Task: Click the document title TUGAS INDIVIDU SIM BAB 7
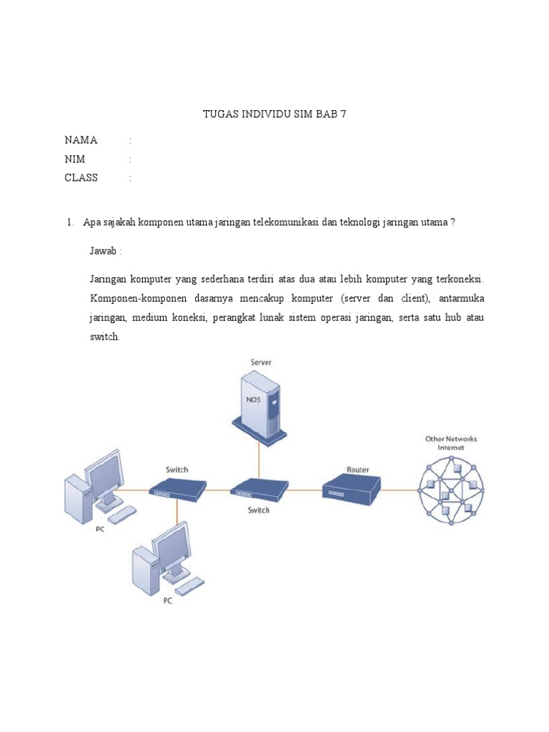pos(274,114)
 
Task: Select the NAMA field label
pos(81,139)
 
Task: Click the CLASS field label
pos(81,178)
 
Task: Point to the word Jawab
pos(105,252)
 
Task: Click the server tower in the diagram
pos(260,407)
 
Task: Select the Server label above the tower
pos(260,363)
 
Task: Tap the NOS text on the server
pos(254,400)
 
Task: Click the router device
pos(350,490)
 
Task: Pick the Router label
pos(357,470)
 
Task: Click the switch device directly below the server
pos(259,490)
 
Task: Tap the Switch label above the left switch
pos(177,470)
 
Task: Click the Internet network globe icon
pos(451,491)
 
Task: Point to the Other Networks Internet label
pos(451,443)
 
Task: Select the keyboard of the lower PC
pos(189,585)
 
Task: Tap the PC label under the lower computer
pos(167,601)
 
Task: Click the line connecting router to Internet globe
pos(399,490)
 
